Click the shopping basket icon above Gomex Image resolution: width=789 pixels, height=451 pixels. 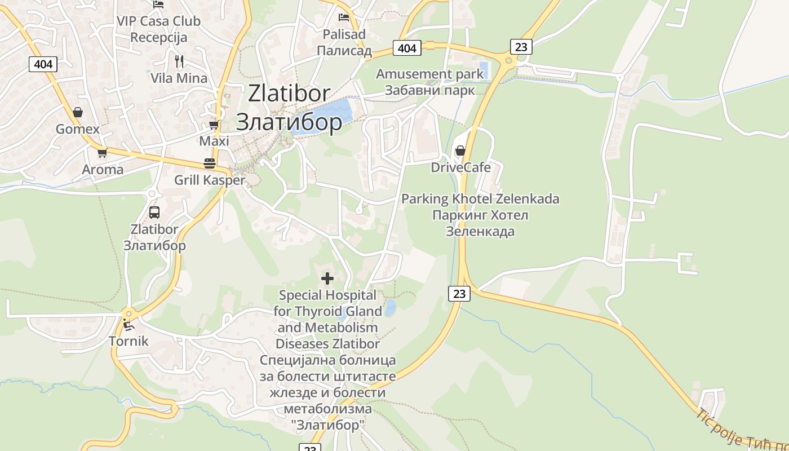coord(78,112)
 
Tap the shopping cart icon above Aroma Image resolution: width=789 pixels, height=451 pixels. coord(102,153)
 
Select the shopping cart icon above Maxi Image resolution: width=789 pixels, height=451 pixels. coord(214,125)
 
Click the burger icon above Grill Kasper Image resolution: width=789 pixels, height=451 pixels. coord(210,163)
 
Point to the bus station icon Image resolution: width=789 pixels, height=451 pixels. coord(154,213)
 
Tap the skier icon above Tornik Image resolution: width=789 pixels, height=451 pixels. coord(128,324)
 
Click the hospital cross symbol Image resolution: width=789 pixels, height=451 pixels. coord(327,278)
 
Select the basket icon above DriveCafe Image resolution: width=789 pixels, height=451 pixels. coord(460,151)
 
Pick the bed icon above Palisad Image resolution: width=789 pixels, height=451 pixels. coord(344,17)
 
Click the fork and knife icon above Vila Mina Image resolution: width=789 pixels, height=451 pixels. coord(179,61)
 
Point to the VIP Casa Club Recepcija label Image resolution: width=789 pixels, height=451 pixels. coord(158,29)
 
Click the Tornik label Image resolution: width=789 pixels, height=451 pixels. coord(128,341)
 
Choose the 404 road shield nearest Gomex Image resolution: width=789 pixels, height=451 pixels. coord(43,64)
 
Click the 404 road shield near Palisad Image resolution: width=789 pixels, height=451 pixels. coord(406,48)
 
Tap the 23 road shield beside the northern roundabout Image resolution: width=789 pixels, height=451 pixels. coord(521,47)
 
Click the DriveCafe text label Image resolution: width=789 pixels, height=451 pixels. coord(460,167)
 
